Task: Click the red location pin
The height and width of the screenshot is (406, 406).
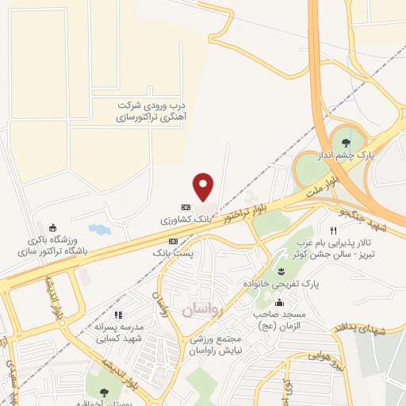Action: click(x=204, y=186)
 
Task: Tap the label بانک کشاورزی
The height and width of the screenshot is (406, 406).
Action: click(x=189, y=216)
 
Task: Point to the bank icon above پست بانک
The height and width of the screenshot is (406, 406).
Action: click(x=173, y=239)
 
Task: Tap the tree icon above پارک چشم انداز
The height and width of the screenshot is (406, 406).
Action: click(x=345, y=144)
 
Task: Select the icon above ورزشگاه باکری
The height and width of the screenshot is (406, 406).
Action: click(x=53, y=227)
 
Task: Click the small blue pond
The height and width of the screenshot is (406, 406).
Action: click(x=98, y=229)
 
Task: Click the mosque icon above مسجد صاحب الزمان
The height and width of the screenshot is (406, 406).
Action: click(x=278, y=302)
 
